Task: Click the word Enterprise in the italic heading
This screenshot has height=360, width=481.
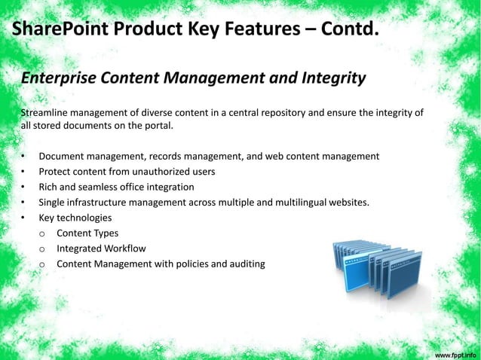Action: click(x=59, y=78)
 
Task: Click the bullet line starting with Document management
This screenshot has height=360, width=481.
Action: click(x=209, y=157)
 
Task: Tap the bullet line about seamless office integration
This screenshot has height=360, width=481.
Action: click(x=116, y=187)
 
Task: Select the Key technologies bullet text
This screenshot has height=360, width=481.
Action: click(x=75, y=218)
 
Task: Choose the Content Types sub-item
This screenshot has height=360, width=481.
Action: click(x=87, y=233)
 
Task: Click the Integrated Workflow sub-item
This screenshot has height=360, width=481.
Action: click(x=101, y=249)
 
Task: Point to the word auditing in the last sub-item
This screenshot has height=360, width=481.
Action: click(x=246, y=264)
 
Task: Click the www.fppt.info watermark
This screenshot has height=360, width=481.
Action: click(x=455, y=352)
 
